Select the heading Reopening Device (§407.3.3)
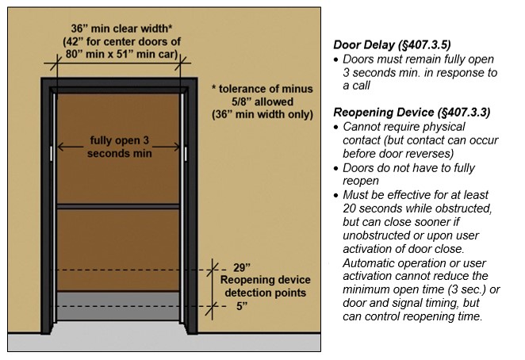pyautogui.click(x=412, y=113)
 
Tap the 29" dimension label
pyautogui.click(x=242, y=267)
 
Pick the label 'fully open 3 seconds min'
pyautogui.click(x=119, y=148)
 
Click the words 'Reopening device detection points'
pyautogui.click(x=265, y=286)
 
